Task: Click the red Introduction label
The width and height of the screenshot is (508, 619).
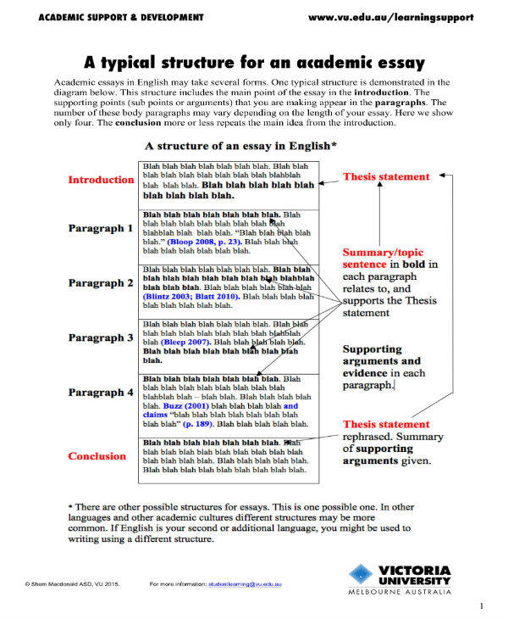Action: [x=101, y=180]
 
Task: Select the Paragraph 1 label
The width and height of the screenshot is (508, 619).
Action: [x=101, y=228]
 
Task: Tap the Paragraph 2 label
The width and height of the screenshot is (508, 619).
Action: [x=101, y=282]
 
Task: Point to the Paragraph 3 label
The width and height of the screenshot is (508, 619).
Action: [x=101, y=337]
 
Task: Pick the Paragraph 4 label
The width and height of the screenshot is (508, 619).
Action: [x=101, y=393]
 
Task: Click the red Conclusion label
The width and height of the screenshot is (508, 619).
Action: [x=97, y=456]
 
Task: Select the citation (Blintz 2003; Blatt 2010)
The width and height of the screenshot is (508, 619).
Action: [x=190, y=296]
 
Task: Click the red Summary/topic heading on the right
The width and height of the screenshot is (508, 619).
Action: [x=378, y=253]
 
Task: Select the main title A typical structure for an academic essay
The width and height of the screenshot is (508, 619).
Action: [x=253, y=63]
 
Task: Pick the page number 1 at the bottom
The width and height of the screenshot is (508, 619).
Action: [x=481, y=605]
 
